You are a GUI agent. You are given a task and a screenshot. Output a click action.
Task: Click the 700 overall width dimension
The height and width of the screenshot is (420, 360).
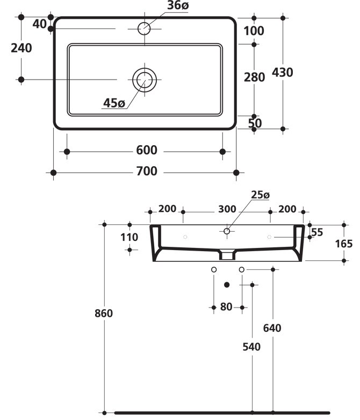[146, 172]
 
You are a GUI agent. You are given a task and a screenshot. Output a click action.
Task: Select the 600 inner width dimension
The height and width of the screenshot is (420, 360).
[146, 151]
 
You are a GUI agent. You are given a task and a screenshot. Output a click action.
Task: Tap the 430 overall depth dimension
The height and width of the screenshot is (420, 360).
[282, 72]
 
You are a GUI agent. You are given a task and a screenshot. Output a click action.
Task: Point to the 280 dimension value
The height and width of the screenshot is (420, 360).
[254, 77]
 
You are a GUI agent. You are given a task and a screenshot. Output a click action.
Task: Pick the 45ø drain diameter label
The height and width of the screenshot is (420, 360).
[114, 103]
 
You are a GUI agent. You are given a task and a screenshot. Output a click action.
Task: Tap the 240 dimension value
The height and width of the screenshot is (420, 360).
[21, 48]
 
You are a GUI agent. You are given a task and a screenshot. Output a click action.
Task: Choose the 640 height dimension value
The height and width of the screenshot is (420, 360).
[273, 328]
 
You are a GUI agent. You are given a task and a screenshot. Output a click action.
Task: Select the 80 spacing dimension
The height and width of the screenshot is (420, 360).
[226, 307]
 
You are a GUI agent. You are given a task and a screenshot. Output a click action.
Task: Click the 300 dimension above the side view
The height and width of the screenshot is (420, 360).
[227, 209]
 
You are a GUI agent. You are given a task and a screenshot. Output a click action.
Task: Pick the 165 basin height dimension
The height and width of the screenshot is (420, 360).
[344, 243]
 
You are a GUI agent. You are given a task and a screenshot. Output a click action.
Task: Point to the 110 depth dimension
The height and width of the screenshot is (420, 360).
[129, 237]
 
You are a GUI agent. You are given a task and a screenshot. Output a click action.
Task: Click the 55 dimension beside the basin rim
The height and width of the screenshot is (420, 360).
[316, 232]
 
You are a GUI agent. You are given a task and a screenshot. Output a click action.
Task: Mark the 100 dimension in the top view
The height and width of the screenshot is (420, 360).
[254, 31]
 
